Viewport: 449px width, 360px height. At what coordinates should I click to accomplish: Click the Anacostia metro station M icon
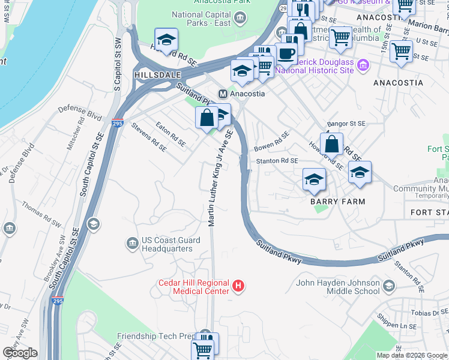(223, 94)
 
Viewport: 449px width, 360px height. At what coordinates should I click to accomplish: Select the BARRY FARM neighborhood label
(337, 202)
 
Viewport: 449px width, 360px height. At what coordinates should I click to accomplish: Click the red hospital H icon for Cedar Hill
(239, 286)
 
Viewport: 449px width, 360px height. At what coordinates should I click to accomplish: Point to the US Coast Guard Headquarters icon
(132, 243)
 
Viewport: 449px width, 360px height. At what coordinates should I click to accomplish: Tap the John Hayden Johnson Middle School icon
(389, 286)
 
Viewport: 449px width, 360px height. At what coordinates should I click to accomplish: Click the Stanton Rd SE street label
(277, 161)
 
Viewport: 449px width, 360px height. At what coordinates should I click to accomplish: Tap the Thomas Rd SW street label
(41, 214)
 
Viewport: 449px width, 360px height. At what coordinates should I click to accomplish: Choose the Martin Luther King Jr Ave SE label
(220, 180)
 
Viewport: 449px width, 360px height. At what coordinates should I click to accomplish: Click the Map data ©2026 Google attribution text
(411, 355)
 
